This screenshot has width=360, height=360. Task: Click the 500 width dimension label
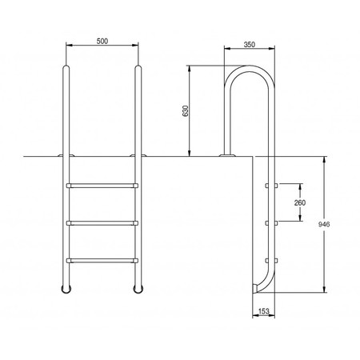[x=102, y=41]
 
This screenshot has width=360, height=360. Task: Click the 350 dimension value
[x=250, y=45]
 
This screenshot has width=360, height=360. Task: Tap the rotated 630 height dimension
[x=186, y=110]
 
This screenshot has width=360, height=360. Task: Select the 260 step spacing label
[x=300, y=202]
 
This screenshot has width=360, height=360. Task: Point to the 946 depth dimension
[x=324, y=224]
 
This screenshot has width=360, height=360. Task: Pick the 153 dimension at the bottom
[x=264, y=311]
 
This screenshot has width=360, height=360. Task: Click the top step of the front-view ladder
[x=102, y=186]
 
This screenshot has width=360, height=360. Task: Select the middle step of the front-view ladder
[x=102, y=223]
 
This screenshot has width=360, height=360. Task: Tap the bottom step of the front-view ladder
[x=102, y=261]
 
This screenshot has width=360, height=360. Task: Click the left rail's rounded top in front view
[x=66, y=68]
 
